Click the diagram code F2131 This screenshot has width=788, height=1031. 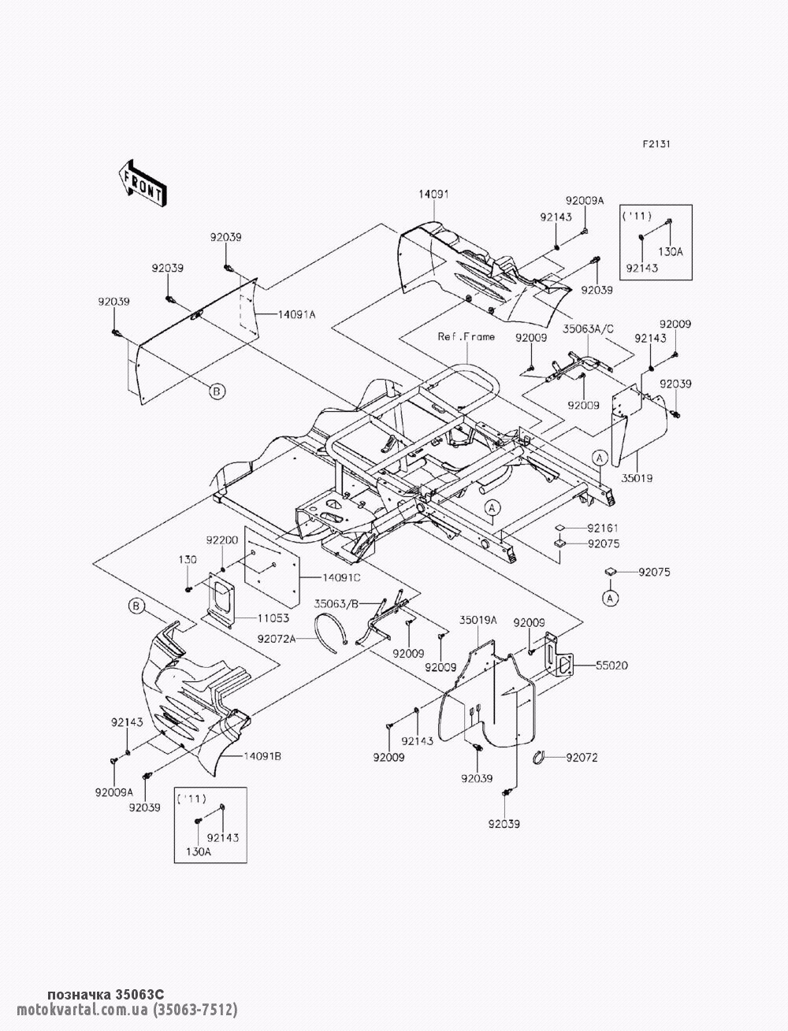pyautogui.click(x=656, y=144)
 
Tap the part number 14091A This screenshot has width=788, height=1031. pyautogui.click(x=296, y=315)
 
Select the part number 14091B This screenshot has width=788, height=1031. pyautogui.click(x=262, y=756)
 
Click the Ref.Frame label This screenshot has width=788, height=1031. pyautogui.click(x=466, y=336)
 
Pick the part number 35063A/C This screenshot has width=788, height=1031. pyautogui.click(x=589, y=329)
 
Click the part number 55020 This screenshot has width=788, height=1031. pyautogui.click(x=611, y=666)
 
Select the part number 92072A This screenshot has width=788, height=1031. pyautogui.click(x=277, y=638)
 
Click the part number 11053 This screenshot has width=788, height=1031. pyautogui.click(x=273, y=618)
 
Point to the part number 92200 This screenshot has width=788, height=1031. pyautogui.click(x=222, y=540)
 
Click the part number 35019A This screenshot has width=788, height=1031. pyautogui.click(x=478, y=621)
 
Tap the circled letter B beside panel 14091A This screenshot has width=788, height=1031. pyautogui.click(x=217, y=391)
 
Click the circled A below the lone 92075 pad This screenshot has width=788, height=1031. pyautogui.click(x=610, y=598)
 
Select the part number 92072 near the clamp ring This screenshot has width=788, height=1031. pyautogui.click(x=582, y=757)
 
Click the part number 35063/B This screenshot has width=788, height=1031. pyautogui.click(x=336, y=604)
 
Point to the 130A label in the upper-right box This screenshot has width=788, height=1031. pyautogui.click(x=670, y=251)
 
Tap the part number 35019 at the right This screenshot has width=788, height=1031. pyautogui.click(x=637, y=478)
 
